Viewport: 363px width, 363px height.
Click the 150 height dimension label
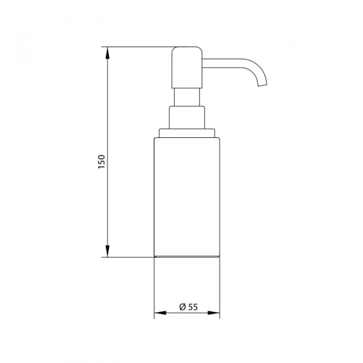pos(102,162)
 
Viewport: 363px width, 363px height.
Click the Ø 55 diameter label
pos(188,307)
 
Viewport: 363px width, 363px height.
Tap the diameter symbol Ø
pos(183,307)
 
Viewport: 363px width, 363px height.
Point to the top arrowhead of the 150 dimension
pos(108,53)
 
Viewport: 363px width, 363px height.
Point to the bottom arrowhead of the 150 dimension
pos(108,251)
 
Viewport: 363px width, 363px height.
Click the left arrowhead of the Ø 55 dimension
pos(160,313)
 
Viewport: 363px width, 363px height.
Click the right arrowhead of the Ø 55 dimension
pos(214,313)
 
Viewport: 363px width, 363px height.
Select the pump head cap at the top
pos(187,68)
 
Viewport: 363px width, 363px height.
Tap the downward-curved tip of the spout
pos(263,85)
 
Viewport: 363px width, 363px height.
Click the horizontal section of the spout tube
pos(222,64)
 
